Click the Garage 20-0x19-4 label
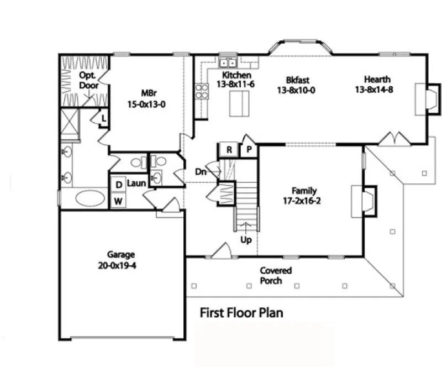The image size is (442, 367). click(121, 260)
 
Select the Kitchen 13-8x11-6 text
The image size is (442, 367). click(236, 80)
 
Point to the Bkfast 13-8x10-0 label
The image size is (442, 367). click(296, 86)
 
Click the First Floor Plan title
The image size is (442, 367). click(241, 313)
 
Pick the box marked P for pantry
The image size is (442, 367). click(249, 150)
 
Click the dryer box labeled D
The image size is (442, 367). click(118, 185)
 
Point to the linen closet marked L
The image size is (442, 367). click(103, 117)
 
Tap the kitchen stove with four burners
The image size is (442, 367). click(201, 90)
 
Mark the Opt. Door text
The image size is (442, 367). click(88, 81)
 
